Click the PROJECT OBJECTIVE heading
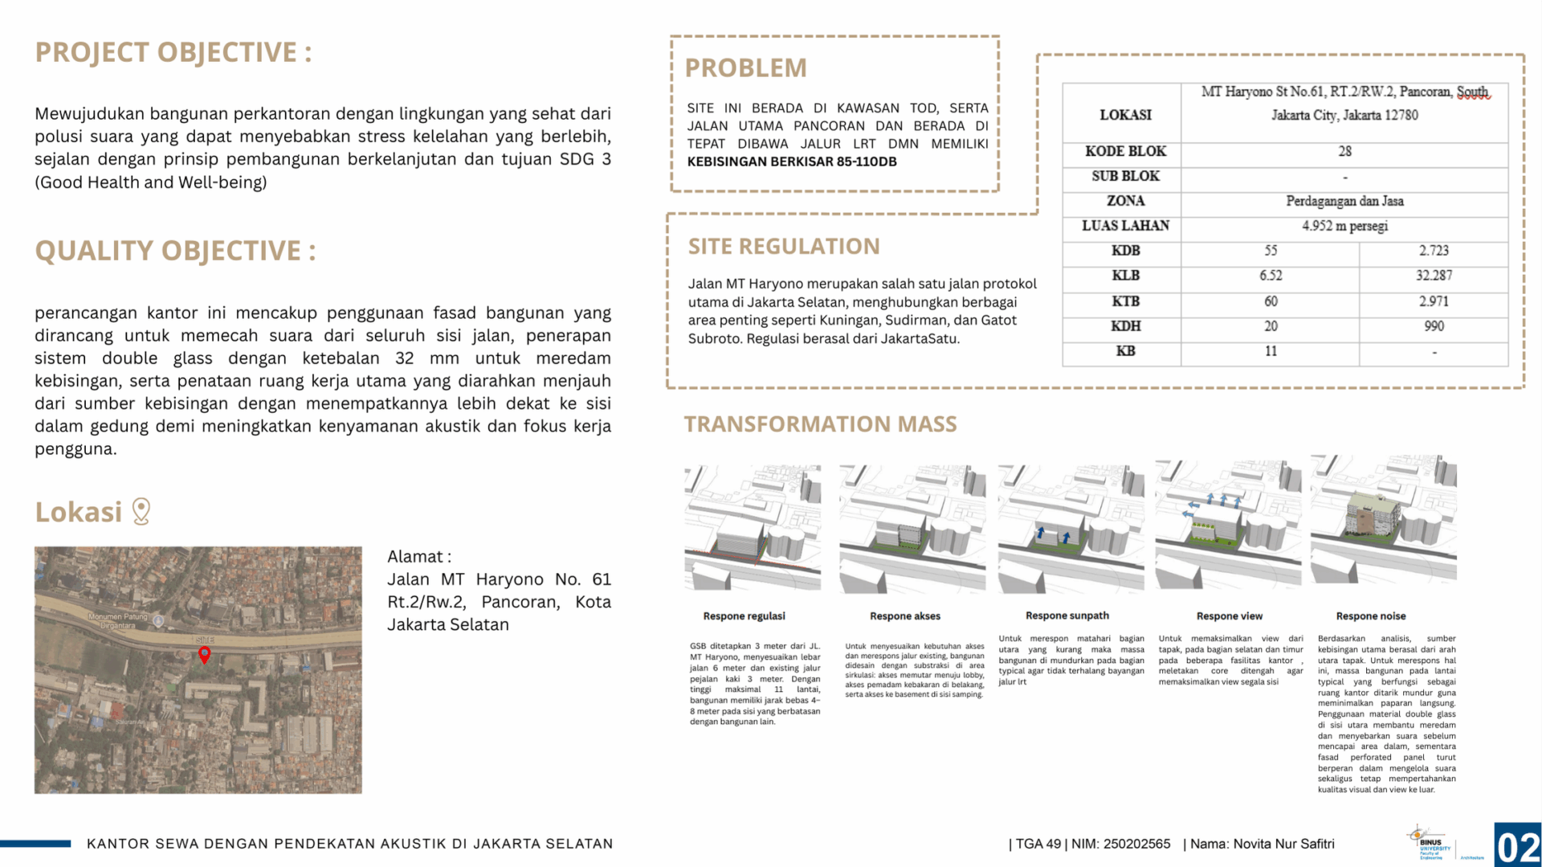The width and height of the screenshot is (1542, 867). point(173,52)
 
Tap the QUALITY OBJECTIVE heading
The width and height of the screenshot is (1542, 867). point(175,251)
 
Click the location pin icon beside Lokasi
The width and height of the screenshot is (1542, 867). point(141,511)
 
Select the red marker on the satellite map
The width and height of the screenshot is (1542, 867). point(205,654)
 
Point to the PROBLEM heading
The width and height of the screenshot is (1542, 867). point(745,68)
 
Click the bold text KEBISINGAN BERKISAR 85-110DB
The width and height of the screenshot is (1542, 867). point(792,162)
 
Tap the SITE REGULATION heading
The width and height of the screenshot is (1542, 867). point(784,247)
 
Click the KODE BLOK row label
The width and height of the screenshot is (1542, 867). point(1125,152)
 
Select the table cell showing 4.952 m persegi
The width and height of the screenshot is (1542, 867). point(1344,226)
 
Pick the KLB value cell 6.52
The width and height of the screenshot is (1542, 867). point(1271,276)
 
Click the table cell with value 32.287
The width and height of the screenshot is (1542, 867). point(1434,276)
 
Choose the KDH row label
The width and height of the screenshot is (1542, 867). point(1125,326)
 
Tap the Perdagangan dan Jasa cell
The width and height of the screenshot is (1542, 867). point(1344,201)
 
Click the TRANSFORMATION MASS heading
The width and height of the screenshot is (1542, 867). point(820,424)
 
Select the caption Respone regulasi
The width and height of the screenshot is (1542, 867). point(744,616)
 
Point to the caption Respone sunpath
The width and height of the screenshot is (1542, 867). point(1067,615)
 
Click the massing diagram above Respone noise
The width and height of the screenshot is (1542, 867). point(1383,520)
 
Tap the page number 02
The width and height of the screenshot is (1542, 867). point(1518,847)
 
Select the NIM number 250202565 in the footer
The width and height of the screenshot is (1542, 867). point(1136,844)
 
